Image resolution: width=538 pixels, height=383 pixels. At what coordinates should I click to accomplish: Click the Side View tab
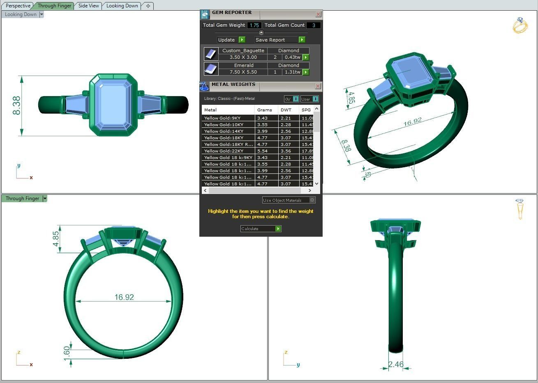(88, 6)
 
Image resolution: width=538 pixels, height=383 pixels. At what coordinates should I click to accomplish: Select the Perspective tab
(18, 6)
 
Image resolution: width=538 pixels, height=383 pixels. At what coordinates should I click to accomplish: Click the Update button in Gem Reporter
(226, 40)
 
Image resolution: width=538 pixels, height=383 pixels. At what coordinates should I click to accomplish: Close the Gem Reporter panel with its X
(318, 14)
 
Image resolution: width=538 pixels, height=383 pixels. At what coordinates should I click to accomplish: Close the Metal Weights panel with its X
(318, 86)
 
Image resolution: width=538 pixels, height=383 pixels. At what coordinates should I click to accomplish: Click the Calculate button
(261, 229)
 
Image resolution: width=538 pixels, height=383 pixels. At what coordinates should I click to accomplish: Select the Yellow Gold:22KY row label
(224, 151)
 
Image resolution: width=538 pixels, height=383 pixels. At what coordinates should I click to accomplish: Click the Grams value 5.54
(262, 151)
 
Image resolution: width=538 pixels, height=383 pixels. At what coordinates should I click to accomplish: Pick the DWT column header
(285, 110)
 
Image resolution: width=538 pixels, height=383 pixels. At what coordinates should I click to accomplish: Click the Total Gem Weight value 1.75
(254, 25)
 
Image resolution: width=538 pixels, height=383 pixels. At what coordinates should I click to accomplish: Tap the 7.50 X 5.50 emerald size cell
(243, 72)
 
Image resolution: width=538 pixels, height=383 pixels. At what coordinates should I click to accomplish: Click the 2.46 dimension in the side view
(396, 365)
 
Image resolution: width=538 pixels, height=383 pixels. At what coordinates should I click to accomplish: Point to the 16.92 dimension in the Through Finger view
(124, 297)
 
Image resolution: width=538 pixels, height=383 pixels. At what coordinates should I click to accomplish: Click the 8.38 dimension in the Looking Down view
(16, 106)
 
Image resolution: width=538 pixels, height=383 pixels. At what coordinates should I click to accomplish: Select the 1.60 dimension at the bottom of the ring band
(67, 353)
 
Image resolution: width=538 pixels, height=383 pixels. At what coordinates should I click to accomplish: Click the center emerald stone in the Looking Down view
(113, 105)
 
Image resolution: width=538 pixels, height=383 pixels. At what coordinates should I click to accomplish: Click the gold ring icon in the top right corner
(520, 25)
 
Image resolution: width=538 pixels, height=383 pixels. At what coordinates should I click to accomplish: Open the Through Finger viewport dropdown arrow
(45, 198)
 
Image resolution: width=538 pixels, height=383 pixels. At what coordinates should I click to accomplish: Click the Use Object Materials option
(288, 201)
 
